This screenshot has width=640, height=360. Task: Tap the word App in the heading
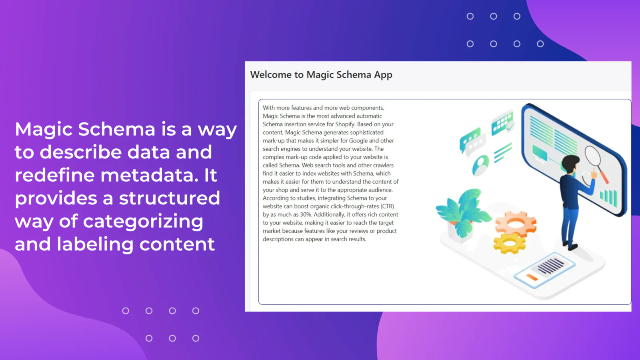point(383,75)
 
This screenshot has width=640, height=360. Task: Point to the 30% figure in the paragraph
point(306,214)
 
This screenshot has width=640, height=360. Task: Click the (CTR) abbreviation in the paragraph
point(387,206)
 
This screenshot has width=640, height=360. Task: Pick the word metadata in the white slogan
point(150,175)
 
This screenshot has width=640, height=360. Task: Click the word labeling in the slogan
point(95,244)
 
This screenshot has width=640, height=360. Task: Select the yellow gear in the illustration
point(509,243)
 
